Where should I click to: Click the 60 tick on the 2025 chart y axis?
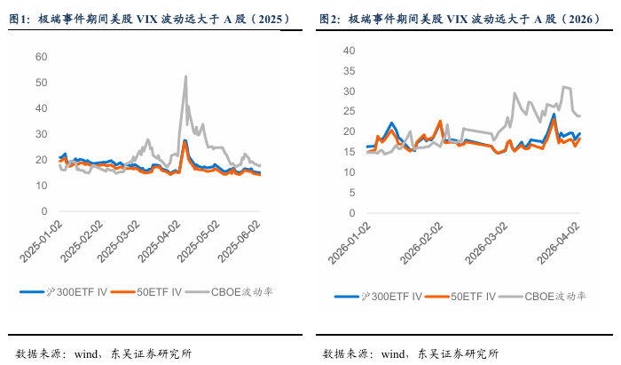tap(41, 56)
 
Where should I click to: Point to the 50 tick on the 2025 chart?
tap(41, 83)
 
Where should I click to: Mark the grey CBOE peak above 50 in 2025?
tap(185, 76)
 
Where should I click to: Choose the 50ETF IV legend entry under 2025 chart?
tap(156, 290)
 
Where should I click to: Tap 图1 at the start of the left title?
tap(18, 18)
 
